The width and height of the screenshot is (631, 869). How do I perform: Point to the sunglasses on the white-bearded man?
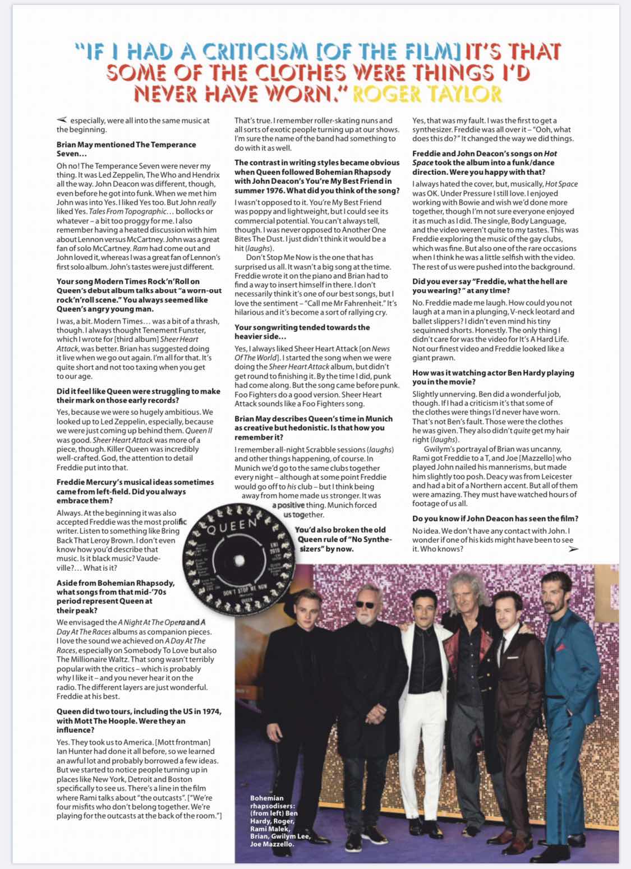[368, 604]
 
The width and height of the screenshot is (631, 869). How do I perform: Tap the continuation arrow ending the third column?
[573, 549]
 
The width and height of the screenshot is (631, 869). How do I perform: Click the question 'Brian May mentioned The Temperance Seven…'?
[126, 149]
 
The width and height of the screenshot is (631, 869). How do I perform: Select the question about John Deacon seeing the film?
[495, 519]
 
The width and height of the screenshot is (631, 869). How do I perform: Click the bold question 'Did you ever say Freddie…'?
[490, 285]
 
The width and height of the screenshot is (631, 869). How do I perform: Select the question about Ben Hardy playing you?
[493, 377]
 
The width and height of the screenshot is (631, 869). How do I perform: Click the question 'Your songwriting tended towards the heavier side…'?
[302, 331]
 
